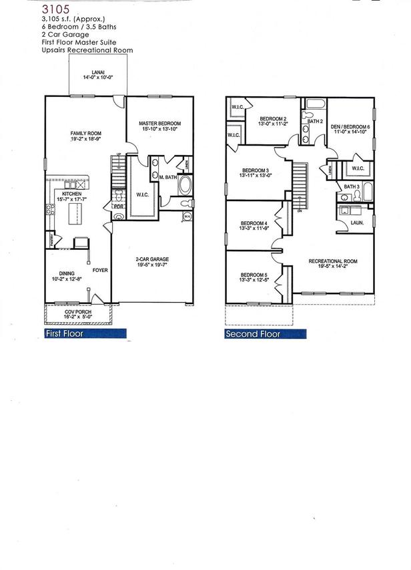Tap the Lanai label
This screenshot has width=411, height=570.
[97, 74]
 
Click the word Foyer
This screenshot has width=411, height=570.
[100, 271]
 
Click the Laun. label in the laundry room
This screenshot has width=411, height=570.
[357, 222]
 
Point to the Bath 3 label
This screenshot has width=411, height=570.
[351, 186]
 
